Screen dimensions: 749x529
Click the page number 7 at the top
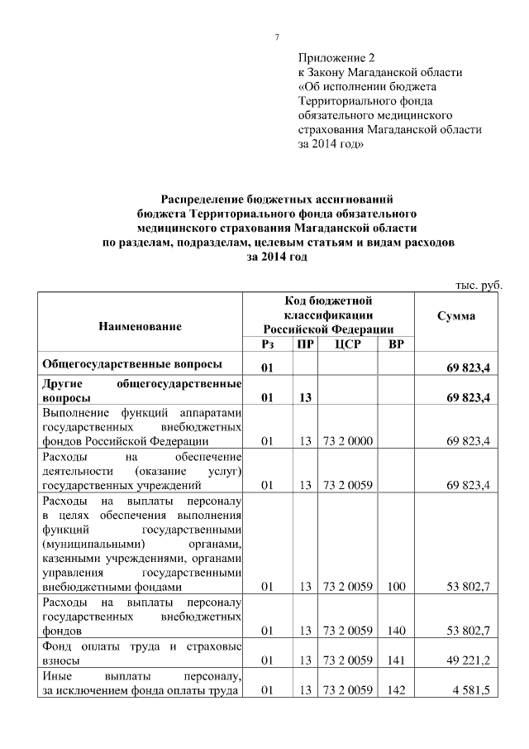point(277,37)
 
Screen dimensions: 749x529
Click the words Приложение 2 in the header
point(336,58)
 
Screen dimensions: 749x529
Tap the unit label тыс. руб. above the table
point(479,285)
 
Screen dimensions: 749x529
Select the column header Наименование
point(140,328)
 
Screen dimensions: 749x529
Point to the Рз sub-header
point(267,343)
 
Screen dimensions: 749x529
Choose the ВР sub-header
point(396,343)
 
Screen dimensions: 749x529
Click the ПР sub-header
point(305,343)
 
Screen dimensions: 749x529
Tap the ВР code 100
point(396,587)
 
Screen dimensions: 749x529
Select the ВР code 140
point(396,631)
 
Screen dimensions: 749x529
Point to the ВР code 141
point(396,660)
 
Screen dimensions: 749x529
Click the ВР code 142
point(396,689)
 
